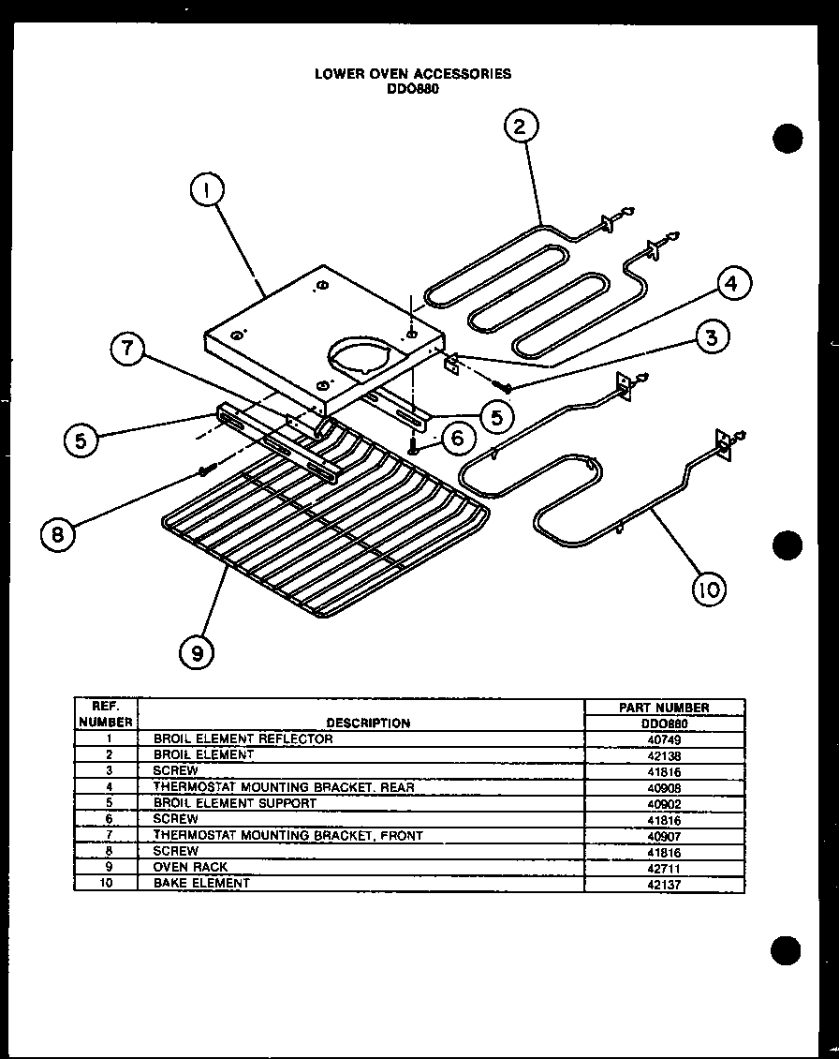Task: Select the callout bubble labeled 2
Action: tap(522, 127)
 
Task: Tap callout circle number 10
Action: tap(710, 589)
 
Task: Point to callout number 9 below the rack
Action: tap(197, 652)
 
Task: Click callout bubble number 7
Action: tap(128, 351)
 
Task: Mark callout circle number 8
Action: tap(59, 533)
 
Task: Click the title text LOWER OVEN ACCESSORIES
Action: tap(413, 73)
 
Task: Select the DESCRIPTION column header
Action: tap(368, 723)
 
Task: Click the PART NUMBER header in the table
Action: tap(664, 708)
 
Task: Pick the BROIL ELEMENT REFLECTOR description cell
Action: tap(243, 738)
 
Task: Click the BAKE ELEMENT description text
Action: tap(201, 883)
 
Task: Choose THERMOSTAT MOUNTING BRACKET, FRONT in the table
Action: tap(287, 835)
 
